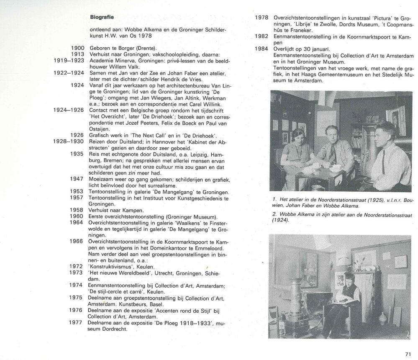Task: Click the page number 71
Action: (x=408, y=353)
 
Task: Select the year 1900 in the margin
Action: (x=78, y=49)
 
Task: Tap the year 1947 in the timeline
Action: (x=78, y=179)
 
